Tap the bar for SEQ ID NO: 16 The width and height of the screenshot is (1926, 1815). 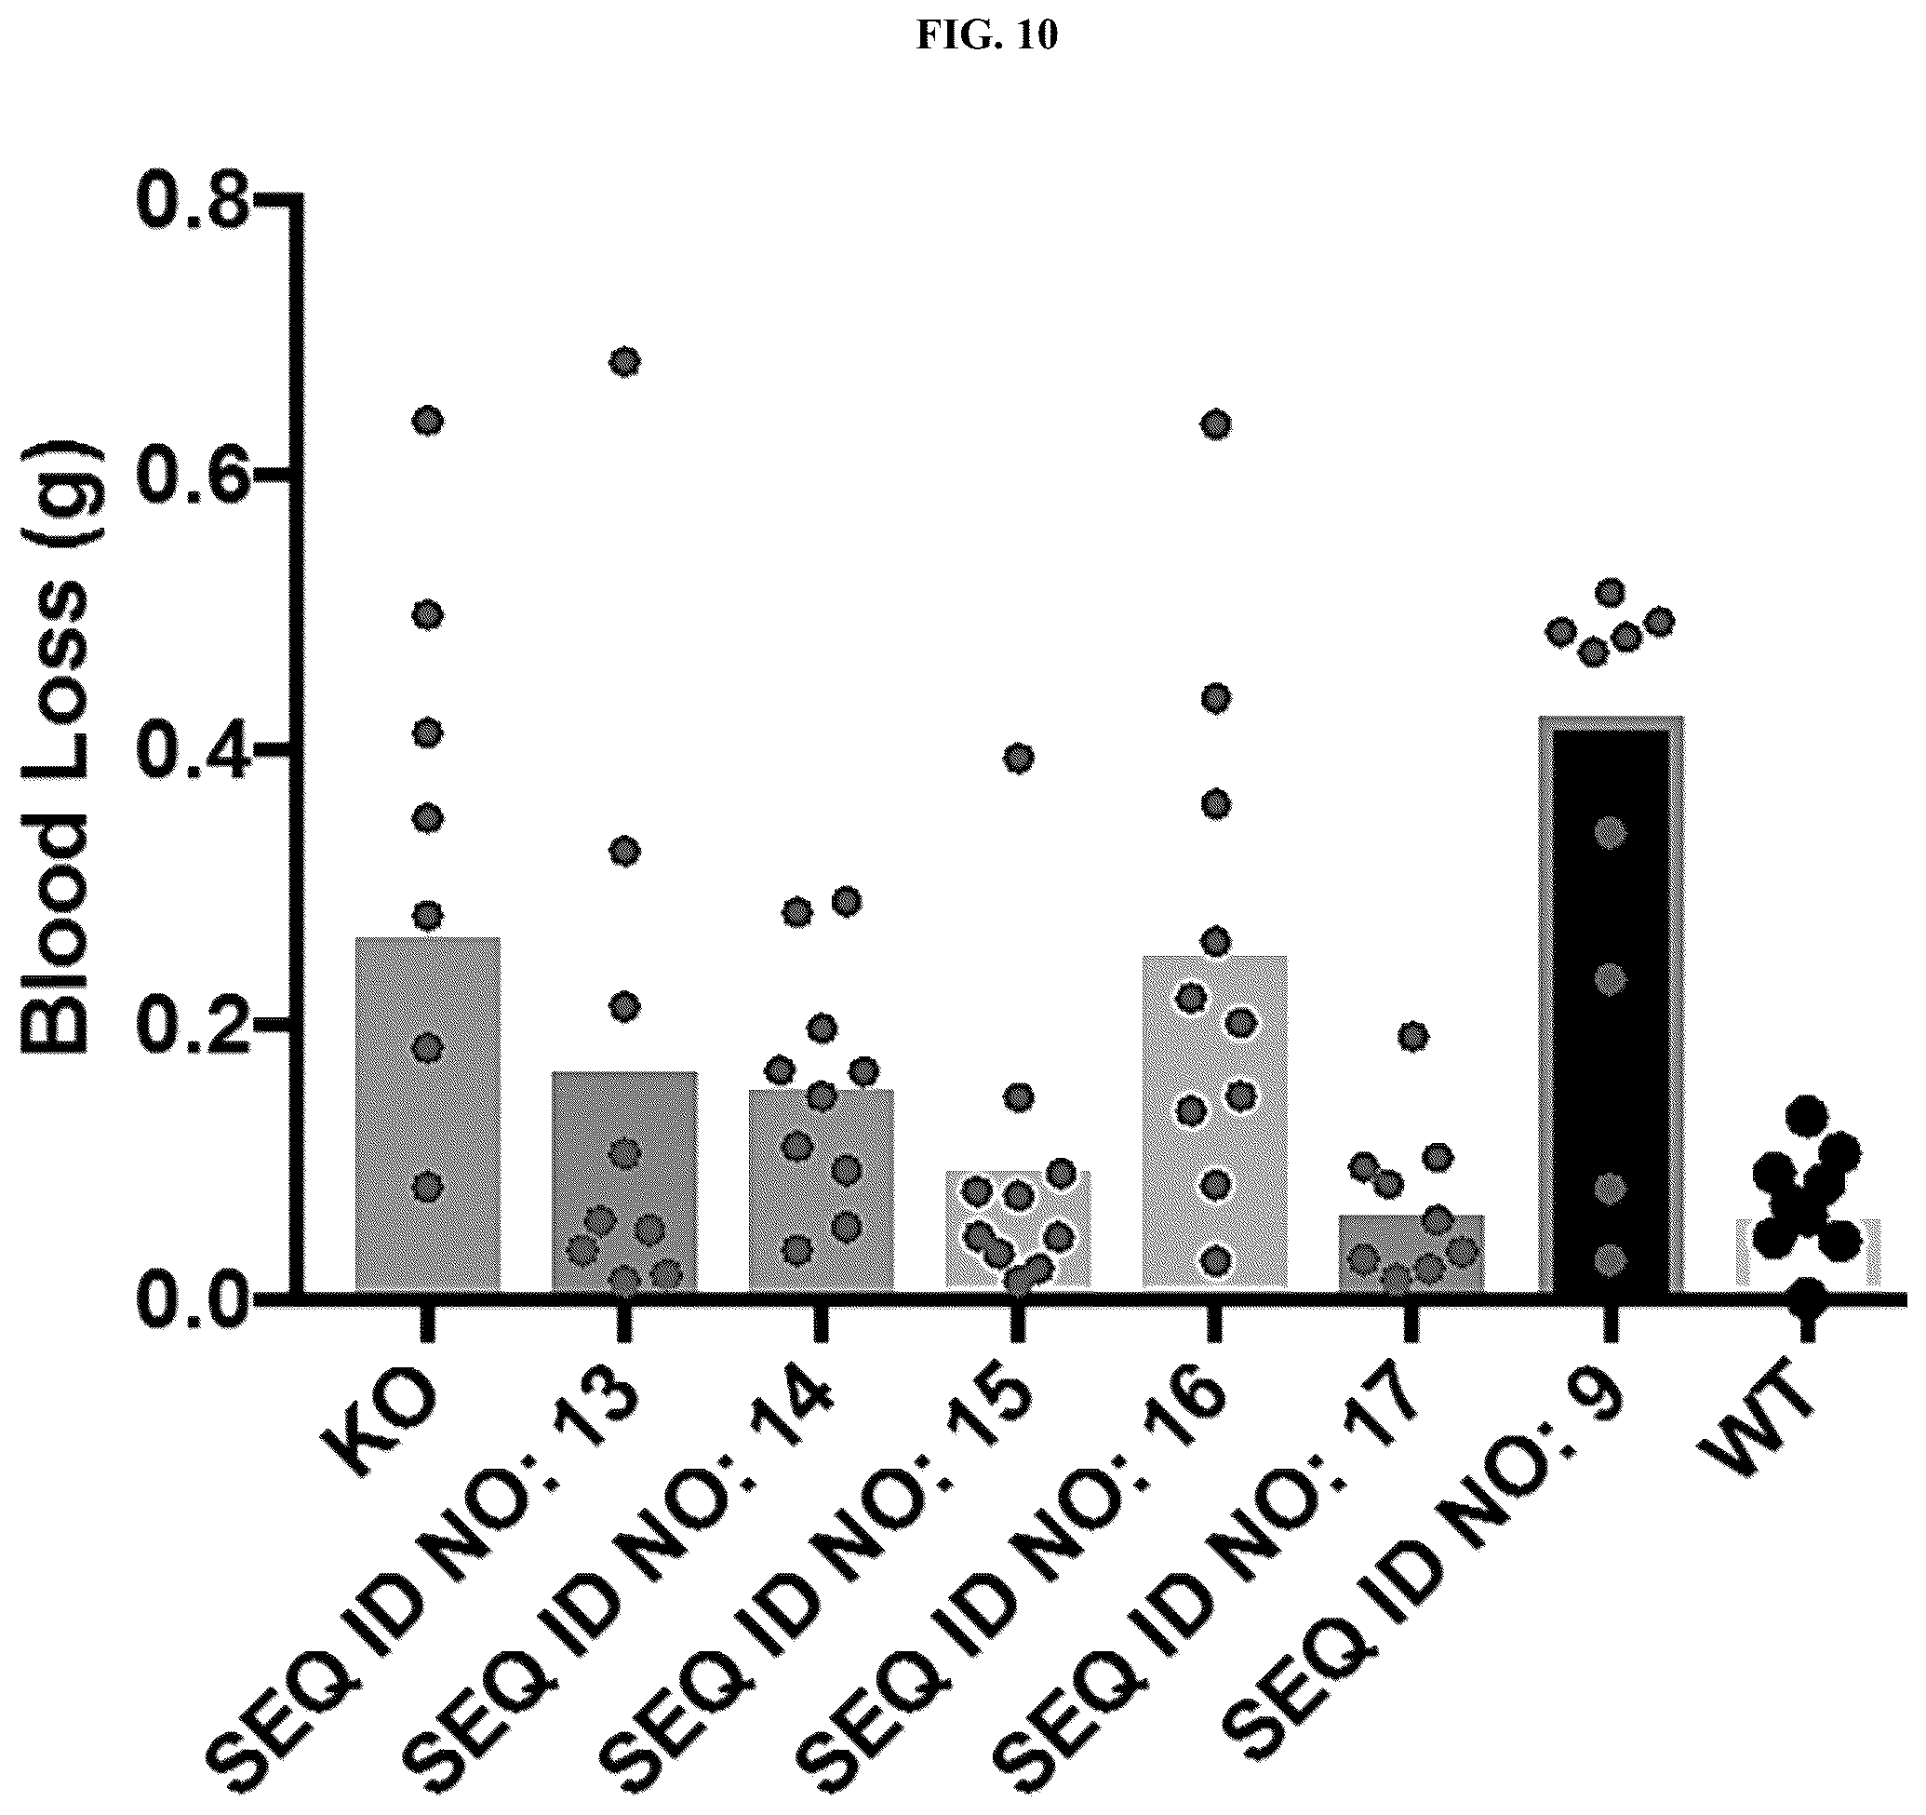[x=1216, y=1122]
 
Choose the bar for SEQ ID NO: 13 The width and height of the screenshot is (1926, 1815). [x=625, y=1180]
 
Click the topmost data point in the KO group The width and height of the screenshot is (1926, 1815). [x=428, y=421]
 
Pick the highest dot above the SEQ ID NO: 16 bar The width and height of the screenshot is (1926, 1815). [x=1216, y=424]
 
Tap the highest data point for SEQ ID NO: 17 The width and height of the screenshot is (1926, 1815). [x=1413, y=1036]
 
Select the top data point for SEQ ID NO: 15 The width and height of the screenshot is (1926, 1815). [x=1018, y=759]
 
